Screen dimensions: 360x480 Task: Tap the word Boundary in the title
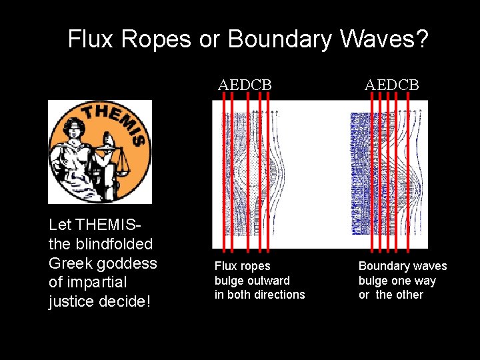pos(278,39)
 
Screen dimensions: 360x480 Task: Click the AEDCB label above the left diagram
pos(245,85)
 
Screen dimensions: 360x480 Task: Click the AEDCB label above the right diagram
pos(391,85)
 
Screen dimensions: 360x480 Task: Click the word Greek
pos(71,263)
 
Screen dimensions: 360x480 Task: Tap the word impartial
pos(102,282)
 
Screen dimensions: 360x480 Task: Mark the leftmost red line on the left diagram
pos(223,173)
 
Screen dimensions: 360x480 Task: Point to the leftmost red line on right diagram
pos(373,173)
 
